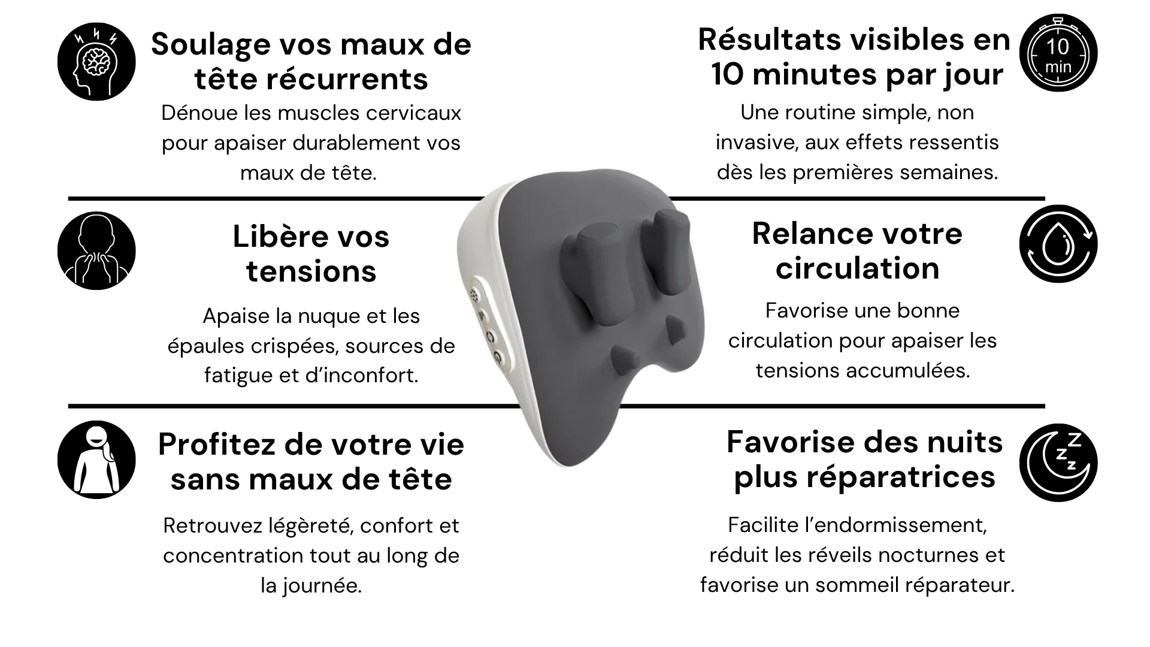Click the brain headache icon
(x=96, y=62)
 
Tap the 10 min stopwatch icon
(x=1058, y=52)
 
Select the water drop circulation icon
(x=1058, y=244)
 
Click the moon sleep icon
(x=1058, y=462)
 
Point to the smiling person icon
(x=96, y=459)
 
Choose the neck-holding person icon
(x=96, y=250)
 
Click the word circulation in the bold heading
(x=858, y=268)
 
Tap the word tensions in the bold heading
(x=311, y=271)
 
